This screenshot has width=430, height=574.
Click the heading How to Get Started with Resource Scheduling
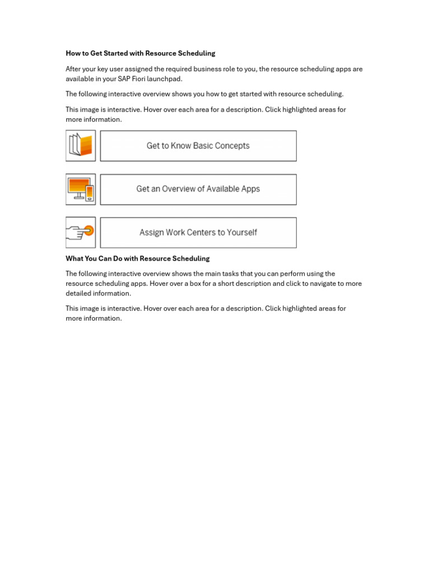(x=140, y=53)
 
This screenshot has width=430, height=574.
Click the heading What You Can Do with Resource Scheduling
(x=137, y=258)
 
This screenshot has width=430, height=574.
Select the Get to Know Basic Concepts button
(x=198, y=146)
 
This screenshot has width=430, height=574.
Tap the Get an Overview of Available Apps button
(x=198, y=189)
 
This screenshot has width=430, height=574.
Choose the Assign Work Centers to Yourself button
(x=198, y=233)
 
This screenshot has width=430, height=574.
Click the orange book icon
(x=81, y=146)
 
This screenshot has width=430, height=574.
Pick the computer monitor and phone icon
(x=81, y=189)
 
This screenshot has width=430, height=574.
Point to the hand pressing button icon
(x=81, y=233)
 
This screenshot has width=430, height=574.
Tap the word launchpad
(x=166, y=79)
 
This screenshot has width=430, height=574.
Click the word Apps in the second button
(x=251, y=189)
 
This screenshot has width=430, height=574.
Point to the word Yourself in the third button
(x=241, y=233)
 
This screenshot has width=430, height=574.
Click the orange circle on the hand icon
(x=88, y=230)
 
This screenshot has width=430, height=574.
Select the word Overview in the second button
(x=179, y=189)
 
